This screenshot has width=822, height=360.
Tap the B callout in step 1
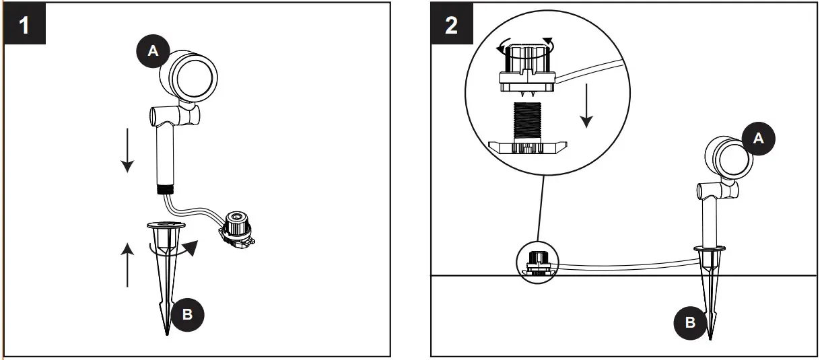point(188,314)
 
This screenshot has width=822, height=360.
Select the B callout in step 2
point(690,322)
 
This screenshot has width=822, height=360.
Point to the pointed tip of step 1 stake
point(167,331)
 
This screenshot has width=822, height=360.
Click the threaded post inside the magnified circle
point(528,122)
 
